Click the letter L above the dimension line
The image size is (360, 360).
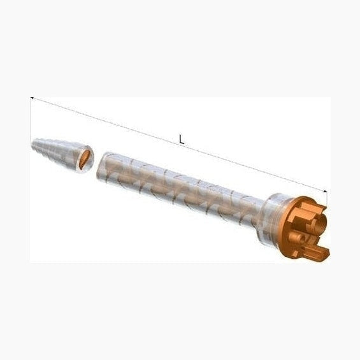click(x=182, y=140)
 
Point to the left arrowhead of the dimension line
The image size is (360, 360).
click(x=32, y=99)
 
